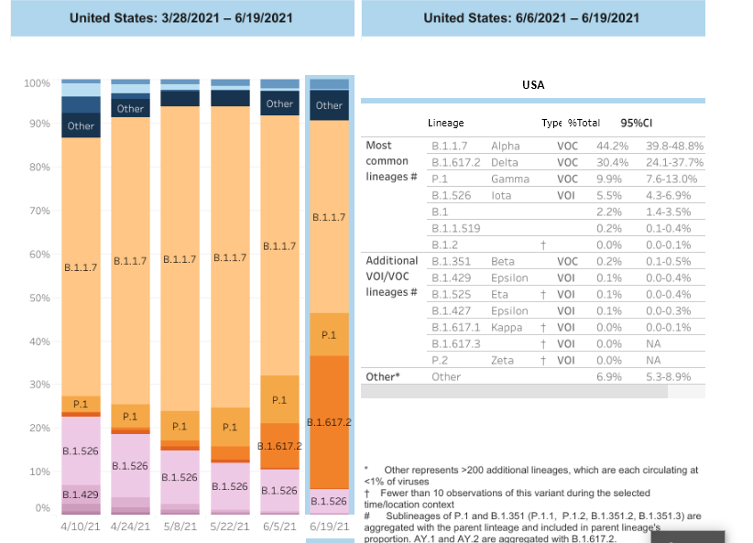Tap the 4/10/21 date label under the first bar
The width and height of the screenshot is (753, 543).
[x=81, y=527]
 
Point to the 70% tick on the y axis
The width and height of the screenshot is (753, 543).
[x=38, y=211]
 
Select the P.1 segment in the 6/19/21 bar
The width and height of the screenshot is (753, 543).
[x=329, y=335]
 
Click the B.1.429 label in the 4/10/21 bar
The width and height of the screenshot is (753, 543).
[x=81, y=494]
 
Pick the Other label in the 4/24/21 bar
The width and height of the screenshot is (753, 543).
[x=130, y=108]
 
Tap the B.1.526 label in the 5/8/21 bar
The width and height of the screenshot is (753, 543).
[x=180, y=478]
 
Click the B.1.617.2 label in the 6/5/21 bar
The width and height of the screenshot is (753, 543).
[x=279, y=445]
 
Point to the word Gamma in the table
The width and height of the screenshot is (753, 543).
[x=510, y=179]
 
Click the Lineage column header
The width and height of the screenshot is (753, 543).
[x=446, y=123]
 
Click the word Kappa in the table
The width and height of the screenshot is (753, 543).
[x=507, y=327]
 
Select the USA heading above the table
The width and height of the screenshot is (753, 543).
[x=533, y=84]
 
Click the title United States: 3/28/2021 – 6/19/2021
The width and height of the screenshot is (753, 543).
[x=182, y=18]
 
